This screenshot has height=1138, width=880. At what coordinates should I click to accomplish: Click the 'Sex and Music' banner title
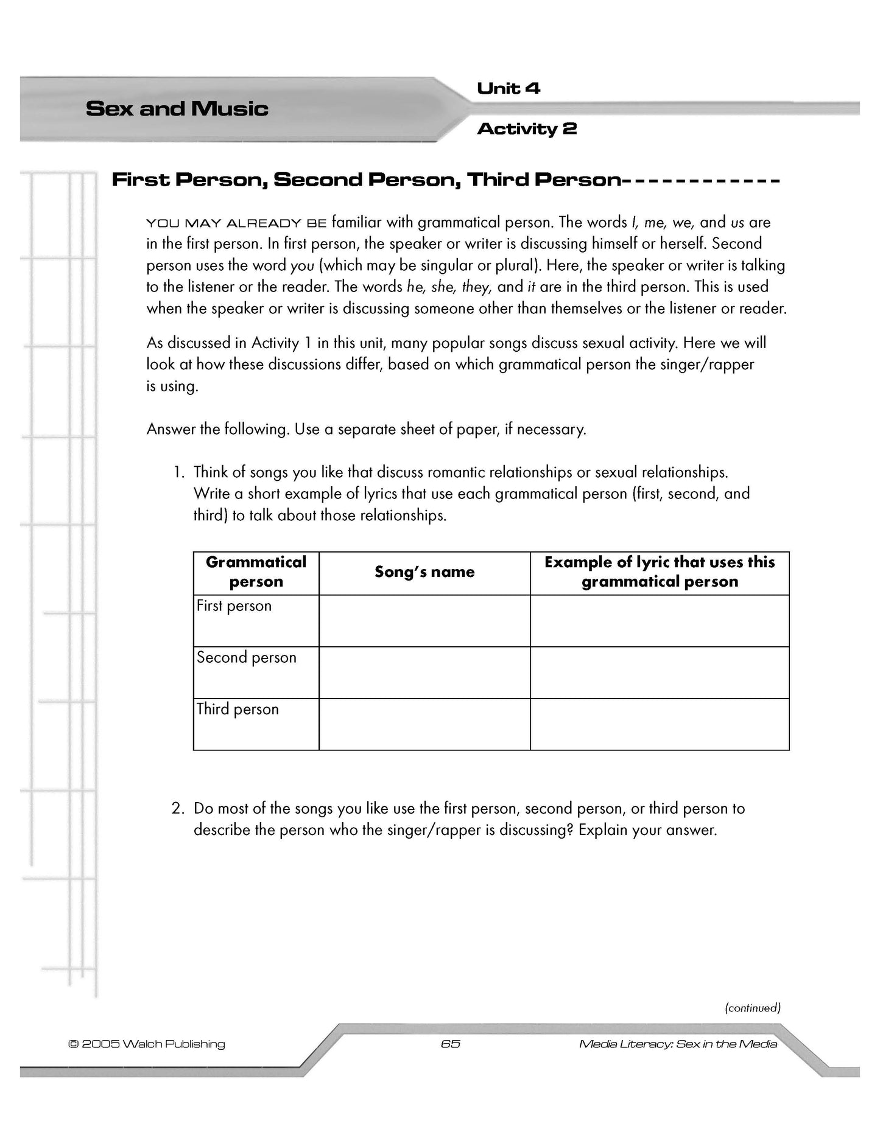(177, 109)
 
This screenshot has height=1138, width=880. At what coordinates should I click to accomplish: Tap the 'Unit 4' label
(508, 89)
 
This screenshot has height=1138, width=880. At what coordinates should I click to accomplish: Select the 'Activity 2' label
(527, 129)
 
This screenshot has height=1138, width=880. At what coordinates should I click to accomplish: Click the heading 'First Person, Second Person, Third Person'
(365, 180)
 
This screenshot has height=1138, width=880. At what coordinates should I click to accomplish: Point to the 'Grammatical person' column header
(256, 572)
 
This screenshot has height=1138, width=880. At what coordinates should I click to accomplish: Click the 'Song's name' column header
(424, 572)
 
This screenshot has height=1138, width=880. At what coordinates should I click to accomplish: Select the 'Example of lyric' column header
(660, 572)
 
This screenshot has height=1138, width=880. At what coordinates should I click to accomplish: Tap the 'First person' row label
(234, 606)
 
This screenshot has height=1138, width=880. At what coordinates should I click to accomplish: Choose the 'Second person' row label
(246, 658)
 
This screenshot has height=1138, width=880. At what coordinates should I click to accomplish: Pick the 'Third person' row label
(238, 710)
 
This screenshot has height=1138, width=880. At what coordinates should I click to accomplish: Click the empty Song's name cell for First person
(424, 621)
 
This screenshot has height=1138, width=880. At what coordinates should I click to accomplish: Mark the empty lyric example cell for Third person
(660, 724)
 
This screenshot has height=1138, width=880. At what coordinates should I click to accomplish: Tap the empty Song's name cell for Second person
(424, 672)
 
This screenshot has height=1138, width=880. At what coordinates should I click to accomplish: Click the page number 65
(450, 1044)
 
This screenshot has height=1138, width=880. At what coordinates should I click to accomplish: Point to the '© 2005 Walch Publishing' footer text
(147, 1044)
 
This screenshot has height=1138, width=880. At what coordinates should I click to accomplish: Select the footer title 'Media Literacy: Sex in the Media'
(678, 1044)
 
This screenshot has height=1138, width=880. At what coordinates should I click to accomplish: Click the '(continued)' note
(753, 1008)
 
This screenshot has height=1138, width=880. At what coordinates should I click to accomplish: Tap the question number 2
(177, 809)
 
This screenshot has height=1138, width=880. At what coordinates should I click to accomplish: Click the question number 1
(178, 472)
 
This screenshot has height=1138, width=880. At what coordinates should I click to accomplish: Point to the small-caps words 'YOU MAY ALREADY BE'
(236, 223)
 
